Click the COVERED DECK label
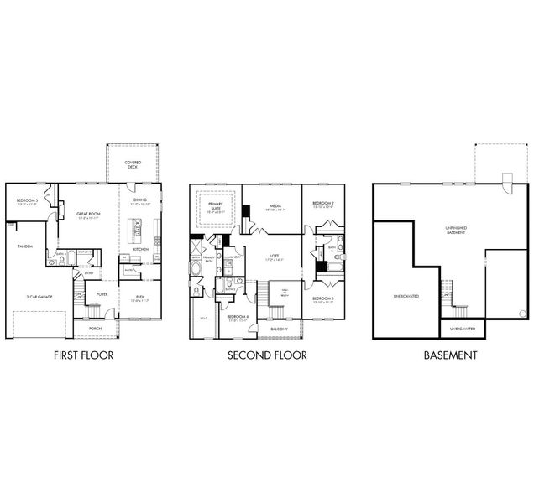click(x=132, y=165)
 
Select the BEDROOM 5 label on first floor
click(x=27, y=201)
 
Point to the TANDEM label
click(x=24, y=246)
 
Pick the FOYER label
click(x=102, y=295)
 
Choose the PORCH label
click(x=95, y=329)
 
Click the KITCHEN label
click(x=140, y=250)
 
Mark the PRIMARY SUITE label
click(x=215, y=207)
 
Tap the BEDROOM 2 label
click(x=323, y=204)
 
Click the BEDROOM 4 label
click(x=236, y=316)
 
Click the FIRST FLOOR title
click(x=83, y=355)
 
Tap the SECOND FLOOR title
click(x=267, y=355)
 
